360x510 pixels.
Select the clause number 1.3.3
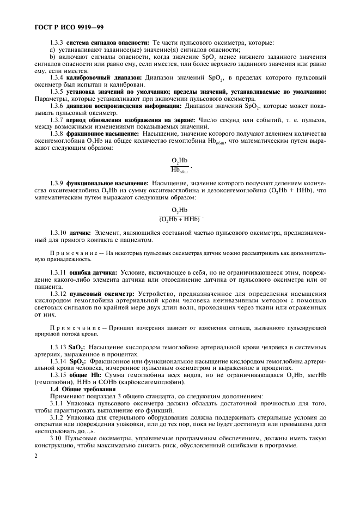57,42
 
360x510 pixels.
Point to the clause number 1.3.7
57,119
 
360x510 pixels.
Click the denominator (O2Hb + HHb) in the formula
179,219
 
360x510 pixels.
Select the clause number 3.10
55,439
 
